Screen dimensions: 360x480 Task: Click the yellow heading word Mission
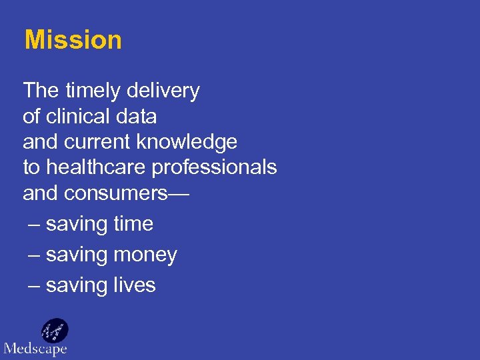[x=73, y=40]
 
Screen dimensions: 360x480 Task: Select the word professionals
[x=214, y=167]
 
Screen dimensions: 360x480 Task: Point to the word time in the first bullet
[x=133, y=224]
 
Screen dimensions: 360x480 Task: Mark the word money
[x=145, y=255]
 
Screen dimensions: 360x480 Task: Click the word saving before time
[x=77, y=225]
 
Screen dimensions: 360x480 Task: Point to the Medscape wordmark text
[x=35, y=348]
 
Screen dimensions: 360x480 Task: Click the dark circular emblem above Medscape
[x=55, y=329]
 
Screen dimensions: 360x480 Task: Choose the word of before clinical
[x=31, y=116]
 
